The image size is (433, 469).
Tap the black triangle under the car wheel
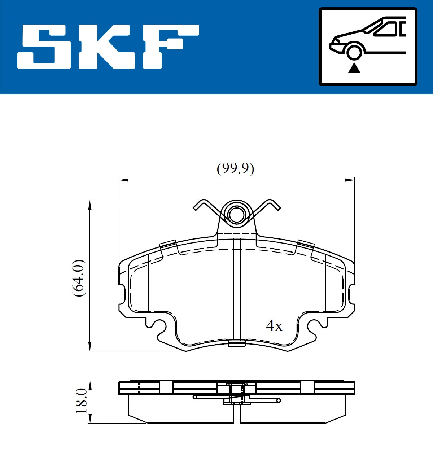(354, 68)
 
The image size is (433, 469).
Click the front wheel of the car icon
(354, 51)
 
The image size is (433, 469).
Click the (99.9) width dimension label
(235, 168)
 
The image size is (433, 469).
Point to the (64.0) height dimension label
(79, 278)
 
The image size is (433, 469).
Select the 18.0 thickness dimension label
(82, 401)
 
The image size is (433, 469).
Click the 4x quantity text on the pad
(274, 326)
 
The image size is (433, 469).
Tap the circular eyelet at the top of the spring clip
(237, 216)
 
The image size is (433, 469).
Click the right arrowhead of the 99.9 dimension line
(350, 180)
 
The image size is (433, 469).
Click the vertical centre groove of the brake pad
(237, 289)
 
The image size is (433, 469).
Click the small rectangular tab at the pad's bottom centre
(237, 343)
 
